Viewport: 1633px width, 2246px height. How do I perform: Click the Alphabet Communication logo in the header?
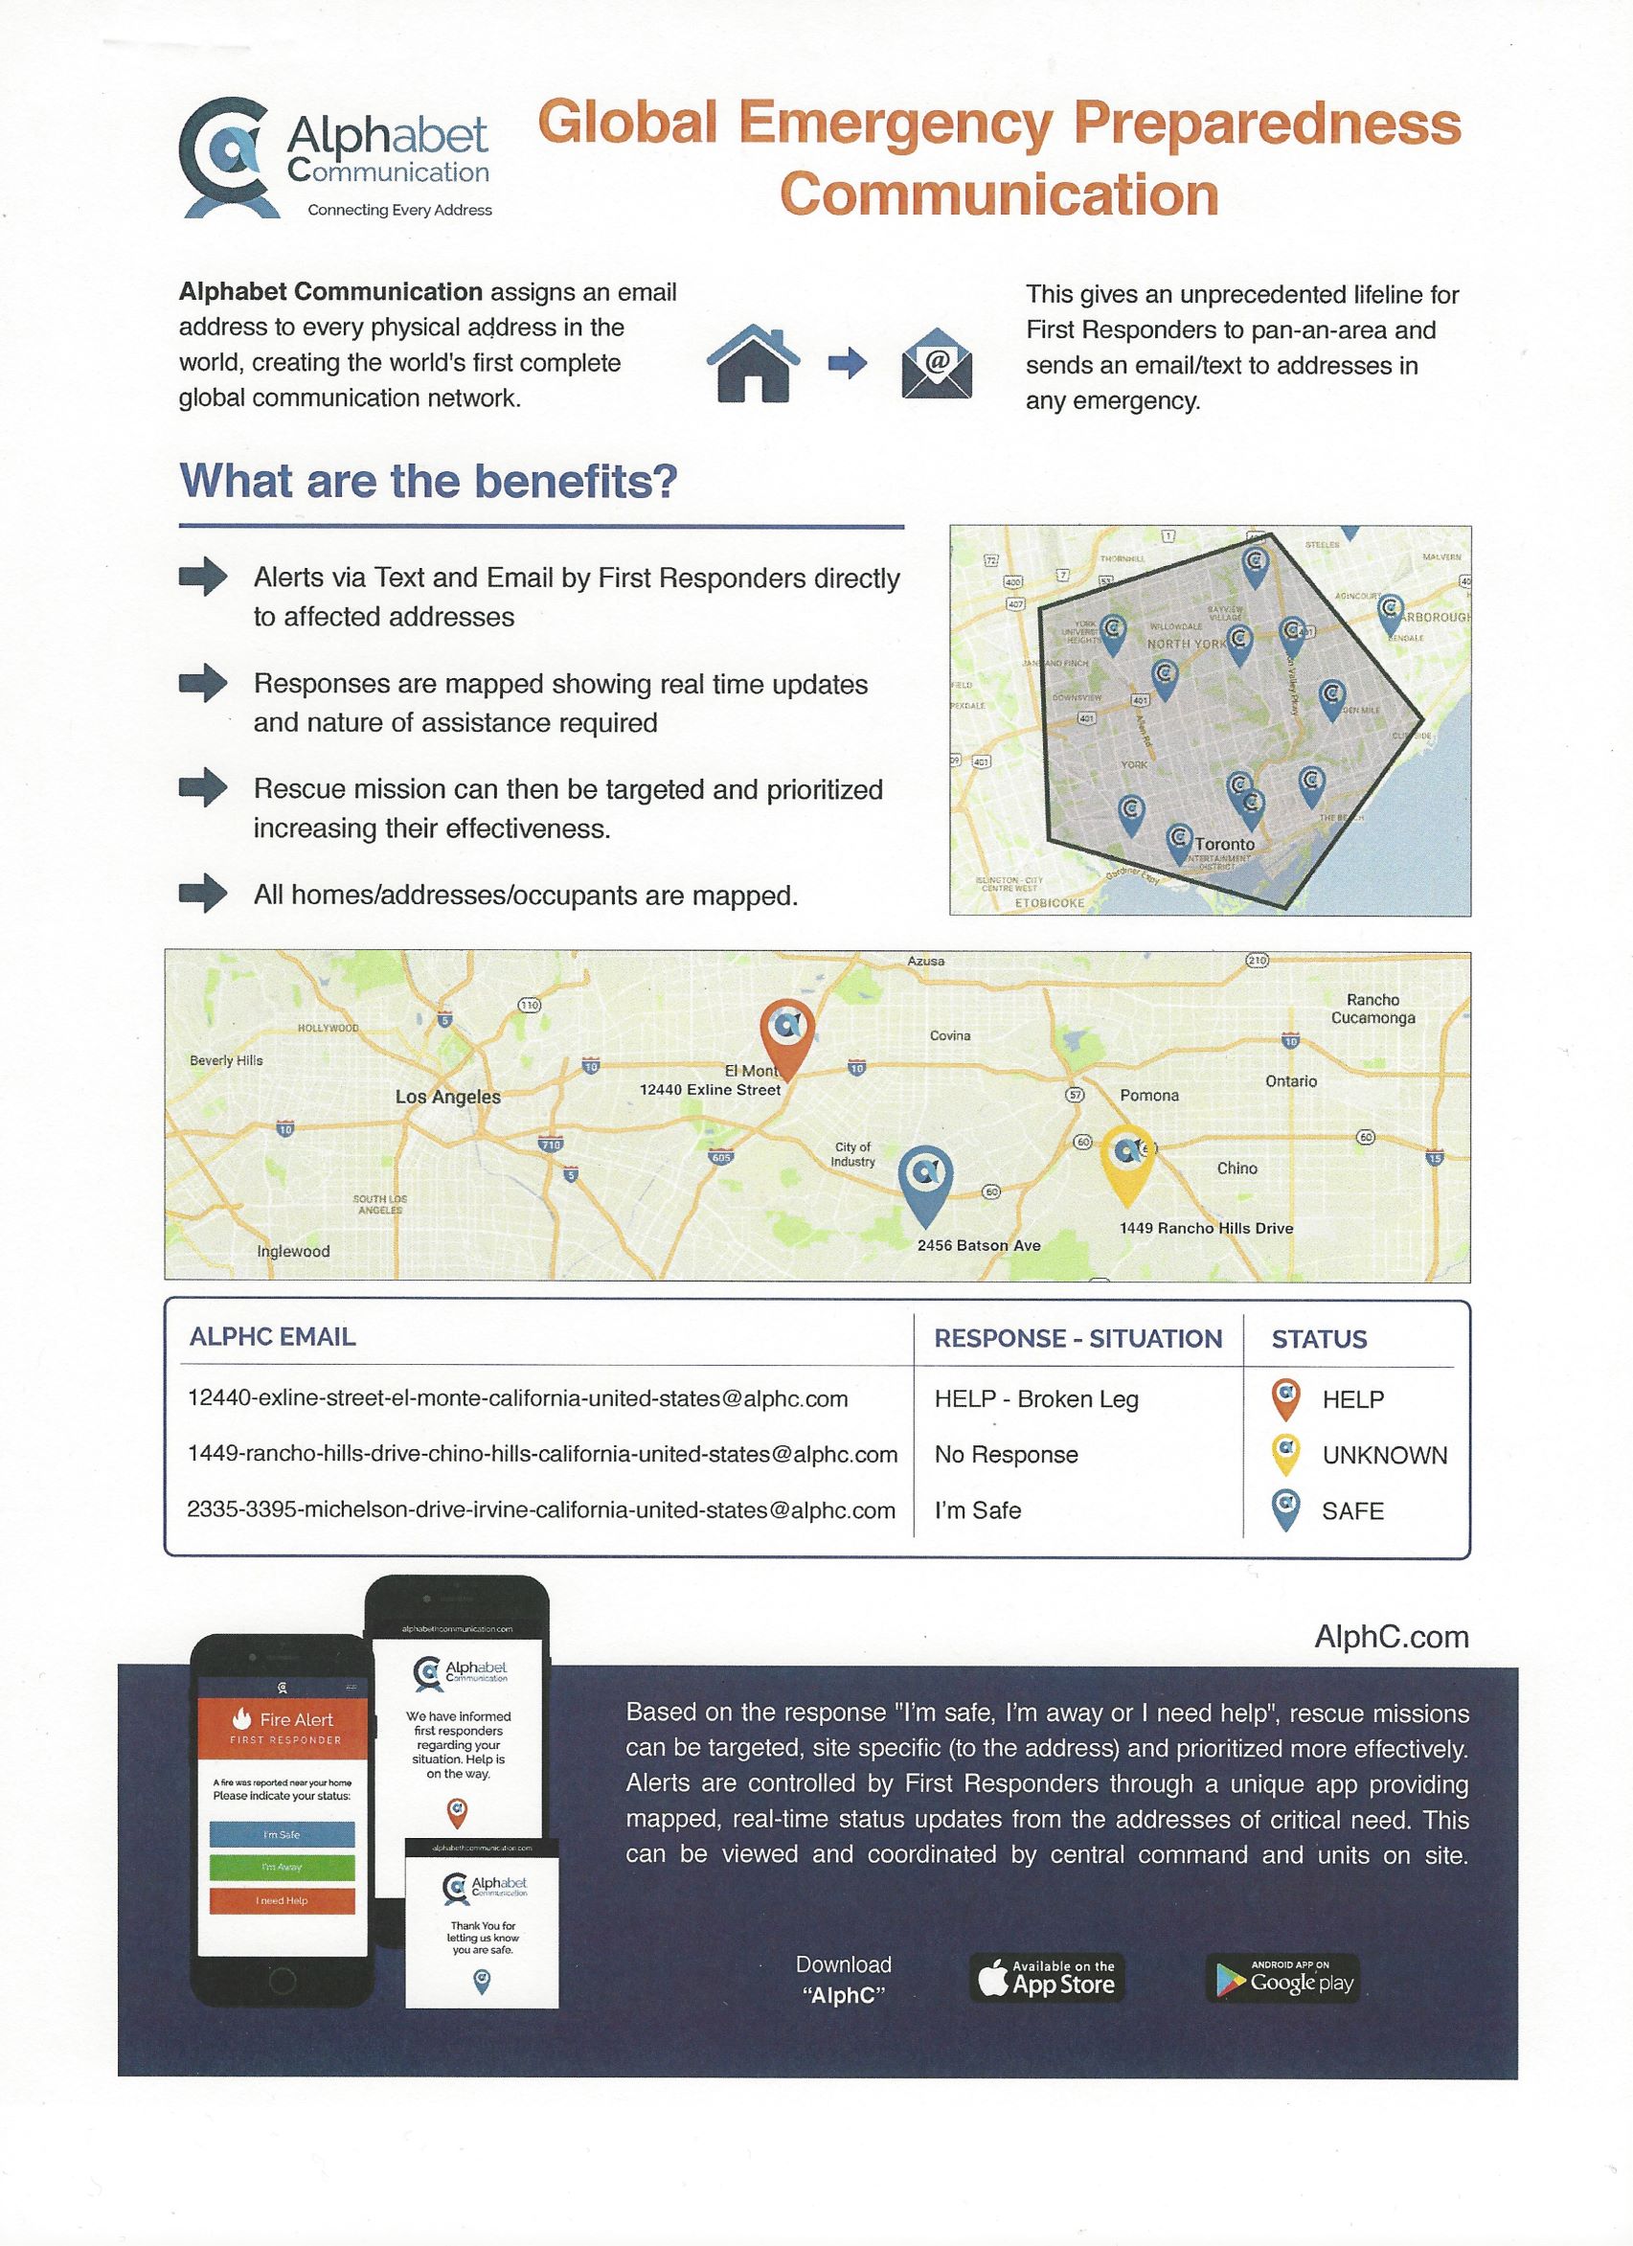334,158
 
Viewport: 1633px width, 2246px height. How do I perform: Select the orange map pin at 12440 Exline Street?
786,1032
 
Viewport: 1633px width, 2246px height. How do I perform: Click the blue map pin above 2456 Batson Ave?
925,1180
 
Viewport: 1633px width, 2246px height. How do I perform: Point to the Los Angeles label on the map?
447,1097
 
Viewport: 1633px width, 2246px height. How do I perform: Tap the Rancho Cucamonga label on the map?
1372,1009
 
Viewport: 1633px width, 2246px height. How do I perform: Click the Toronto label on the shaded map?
1224,844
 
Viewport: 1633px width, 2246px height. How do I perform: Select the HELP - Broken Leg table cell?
1036,1398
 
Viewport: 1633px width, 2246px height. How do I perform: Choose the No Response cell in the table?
1007,1454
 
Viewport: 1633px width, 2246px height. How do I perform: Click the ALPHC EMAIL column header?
272,1336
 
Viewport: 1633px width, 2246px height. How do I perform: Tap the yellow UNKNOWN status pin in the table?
1285,1453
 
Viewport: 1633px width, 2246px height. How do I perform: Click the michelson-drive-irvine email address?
541,1509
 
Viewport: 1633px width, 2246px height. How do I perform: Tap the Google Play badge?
1282,1979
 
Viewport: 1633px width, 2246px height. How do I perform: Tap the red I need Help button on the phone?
283,1899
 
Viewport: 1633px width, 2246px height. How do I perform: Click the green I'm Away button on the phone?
283,1866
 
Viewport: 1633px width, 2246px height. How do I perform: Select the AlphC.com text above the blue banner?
1391,1636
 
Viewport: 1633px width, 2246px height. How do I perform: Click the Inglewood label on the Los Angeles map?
293,1251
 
